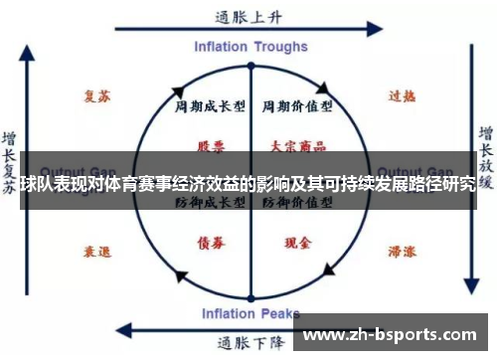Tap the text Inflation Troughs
[x=250, y=46]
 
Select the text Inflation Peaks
[x=249, y=315]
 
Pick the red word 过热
[x=401, y=96]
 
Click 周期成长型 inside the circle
[x=211, y=105]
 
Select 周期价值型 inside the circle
[x=296, y=105]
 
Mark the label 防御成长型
[x=211, y=202]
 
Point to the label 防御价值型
[x=296, y=202]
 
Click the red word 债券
[x=211, y=241]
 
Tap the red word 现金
[x=296, y=241]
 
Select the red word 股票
[x=211, y=145]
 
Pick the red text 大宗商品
[x=296, y=145]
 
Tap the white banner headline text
[x=248, y=183]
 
